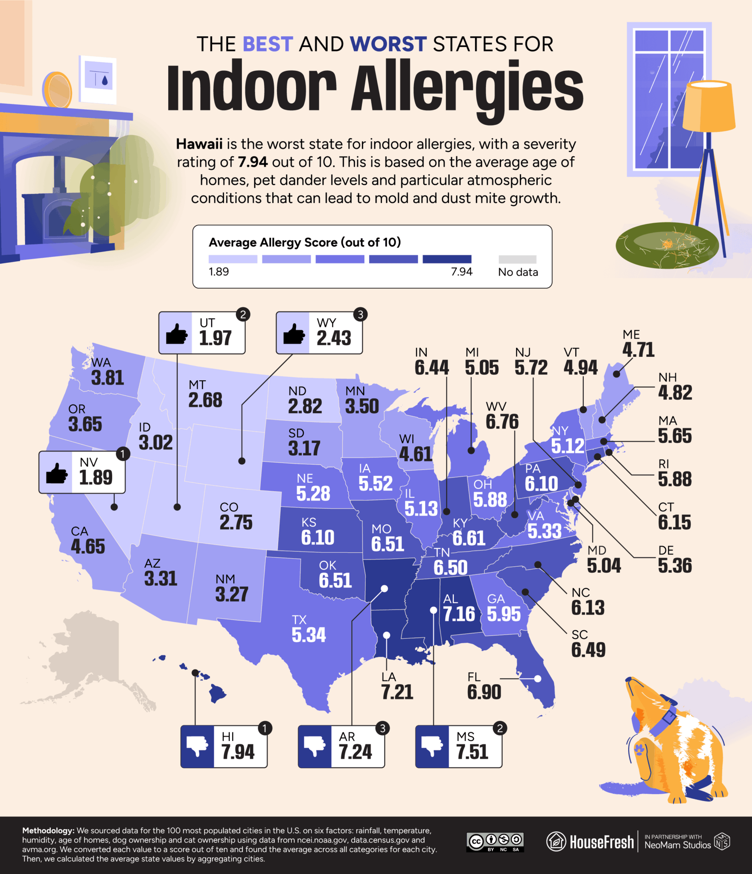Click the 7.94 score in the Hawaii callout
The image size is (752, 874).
click(x=238, y=752)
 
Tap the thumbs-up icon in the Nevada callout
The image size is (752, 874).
click(x=56, y=473)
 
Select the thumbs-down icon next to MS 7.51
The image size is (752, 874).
click(x=432, y=746)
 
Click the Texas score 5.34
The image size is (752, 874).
click(x=309, y=635)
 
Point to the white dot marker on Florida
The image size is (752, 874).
click(x=538, y=678)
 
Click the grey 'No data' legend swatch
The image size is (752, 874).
click(x=517, y=259)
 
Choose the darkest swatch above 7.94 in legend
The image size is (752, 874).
click(x=447, y=259)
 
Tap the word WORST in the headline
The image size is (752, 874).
click(x=388, y=44)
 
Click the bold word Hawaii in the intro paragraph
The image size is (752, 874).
click(x=199, y=144)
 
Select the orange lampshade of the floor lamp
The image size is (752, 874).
click(x=708, y=107)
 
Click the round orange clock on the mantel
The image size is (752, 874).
click(x=57, y=90)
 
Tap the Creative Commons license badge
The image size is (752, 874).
click(x=495, y=842)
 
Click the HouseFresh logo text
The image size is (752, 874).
click(x=601, y=842)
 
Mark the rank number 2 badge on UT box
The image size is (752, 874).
click(x=243, y=315)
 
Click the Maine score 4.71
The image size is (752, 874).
click(x=638, y=350)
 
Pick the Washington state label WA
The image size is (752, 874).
click(x=101, y=363)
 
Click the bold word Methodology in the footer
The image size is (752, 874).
click(x=48, y=830)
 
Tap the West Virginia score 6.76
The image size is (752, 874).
click(x=502, y=422)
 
